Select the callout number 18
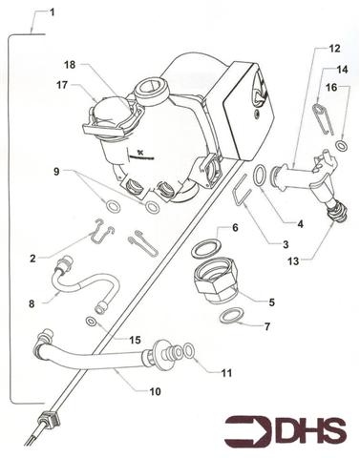tap(70, 65)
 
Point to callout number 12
tap(333, 48)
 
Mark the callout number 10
tap(154, 390)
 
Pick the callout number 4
tap(299, 223)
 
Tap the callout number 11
tap(225, 371)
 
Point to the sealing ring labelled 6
tap(202, 248)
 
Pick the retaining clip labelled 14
tap(319, 118)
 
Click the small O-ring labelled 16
tap(342, 146)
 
